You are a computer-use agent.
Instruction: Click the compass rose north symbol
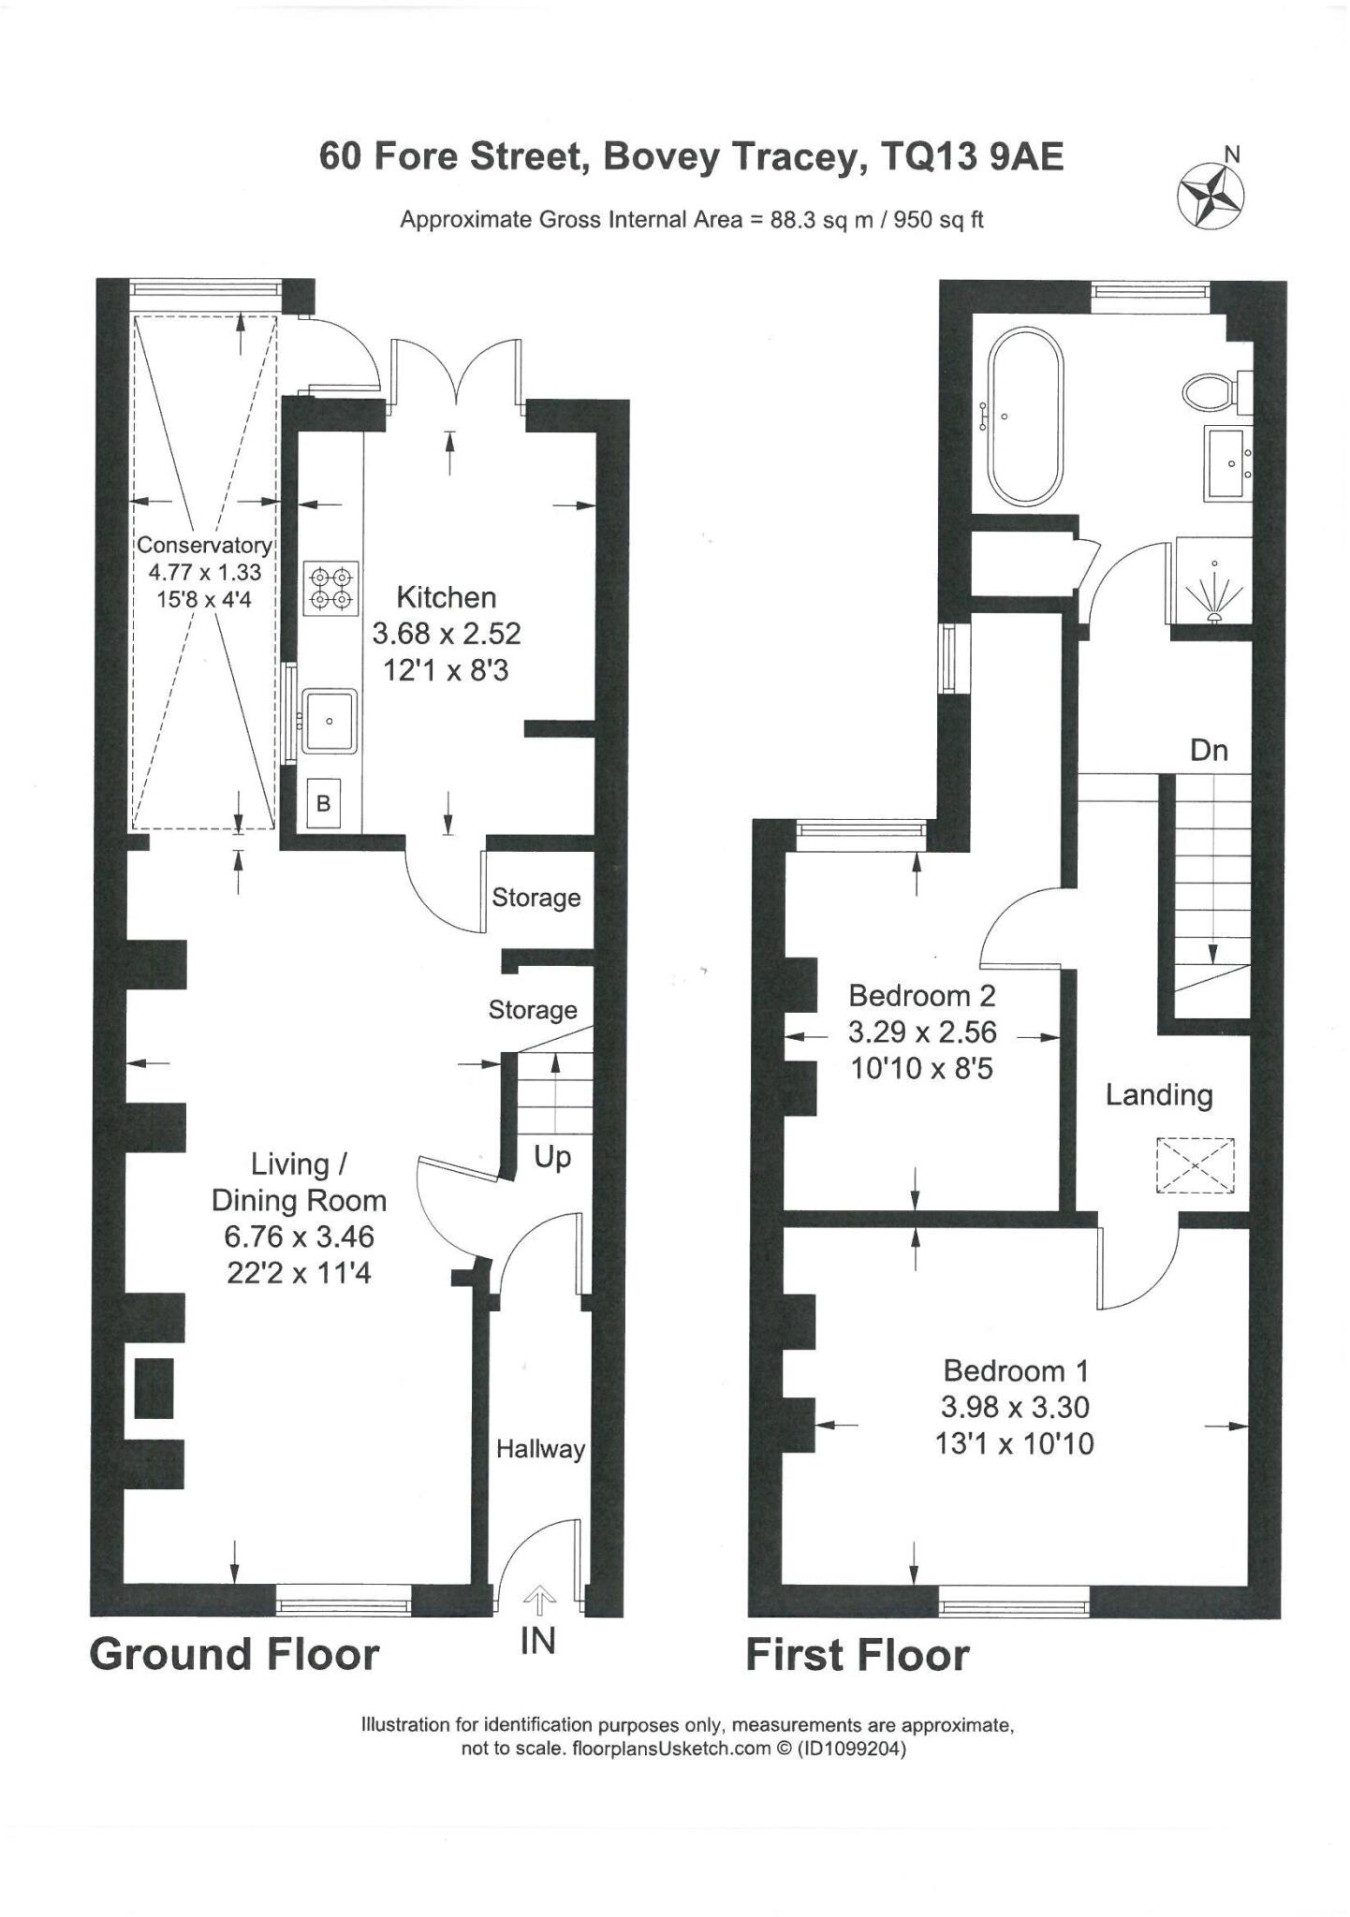pos(1211,195)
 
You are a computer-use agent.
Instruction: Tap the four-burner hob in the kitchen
pos(331,588)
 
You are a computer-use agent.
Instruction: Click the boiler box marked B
pos(323,803)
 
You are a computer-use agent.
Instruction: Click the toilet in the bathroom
pos(1209,391)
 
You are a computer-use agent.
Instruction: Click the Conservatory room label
pos(204,545)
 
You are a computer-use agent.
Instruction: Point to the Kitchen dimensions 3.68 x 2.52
pos(447,634)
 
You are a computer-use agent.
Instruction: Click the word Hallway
pos(540,1449)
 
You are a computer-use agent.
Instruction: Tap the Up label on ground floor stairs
pos(552,1157)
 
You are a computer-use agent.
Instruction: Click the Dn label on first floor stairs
pos(1209,750)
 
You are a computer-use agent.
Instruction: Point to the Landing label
pos(1159,1094)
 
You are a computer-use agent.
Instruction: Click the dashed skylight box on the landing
pos(1196,1164)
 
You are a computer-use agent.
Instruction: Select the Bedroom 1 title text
pos(1016,1371)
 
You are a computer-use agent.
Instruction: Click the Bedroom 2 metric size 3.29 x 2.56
pos(922,1032)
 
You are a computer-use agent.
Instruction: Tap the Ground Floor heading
pos(234,1654)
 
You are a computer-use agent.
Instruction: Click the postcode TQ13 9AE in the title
pos(973,156)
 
